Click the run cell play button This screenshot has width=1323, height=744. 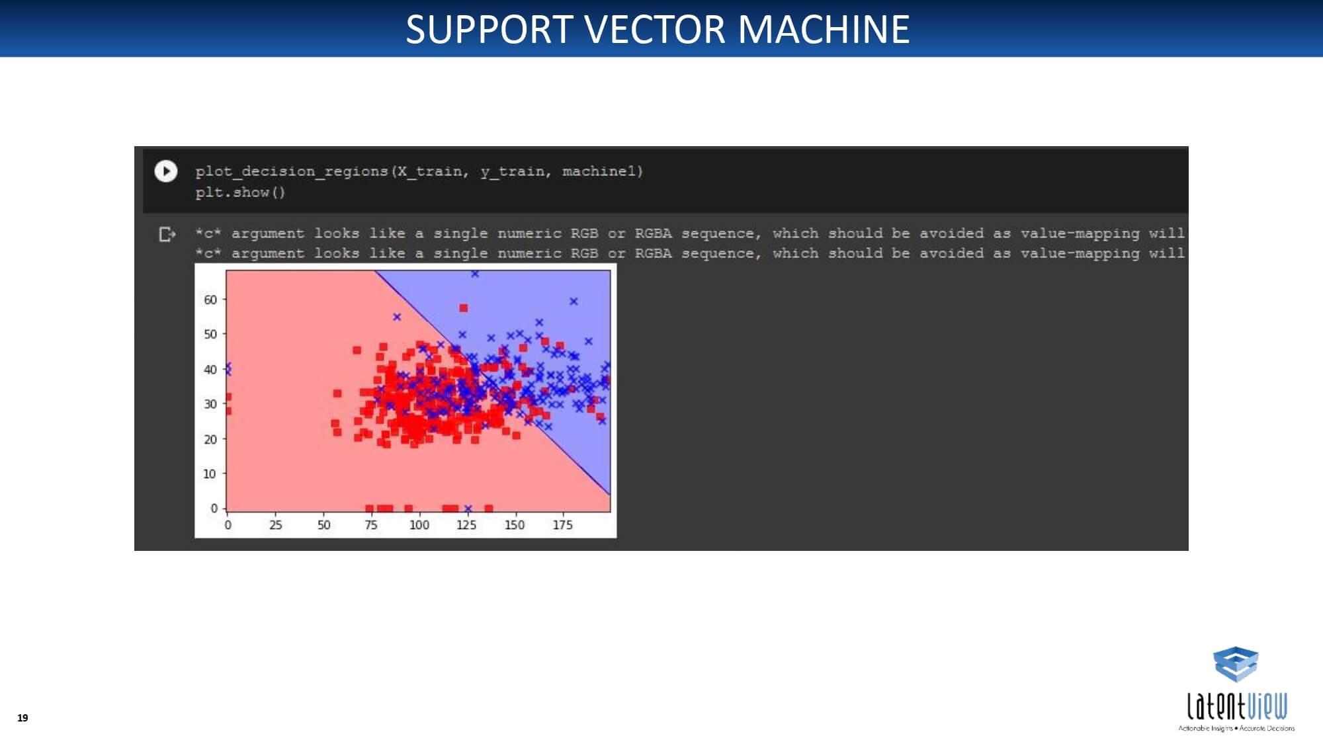166,171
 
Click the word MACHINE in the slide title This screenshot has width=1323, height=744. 824,29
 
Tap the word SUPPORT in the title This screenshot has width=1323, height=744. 489,29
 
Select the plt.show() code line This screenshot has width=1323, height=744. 240,192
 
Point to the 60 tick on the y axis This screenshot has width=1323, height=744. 210,300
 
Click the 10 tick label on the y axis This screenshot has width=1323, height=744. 210,474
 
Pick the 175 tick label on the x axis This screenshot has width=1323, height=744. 562,524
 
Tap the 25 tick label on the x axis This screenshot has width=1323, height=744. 276,524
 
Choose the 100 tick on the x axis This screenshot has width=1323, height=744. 419,524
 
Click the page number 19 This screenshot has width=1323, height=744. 22,718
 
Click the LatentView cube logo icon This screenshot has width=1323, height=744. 1236,664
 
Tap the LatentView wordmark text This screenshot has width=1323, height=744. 1237,706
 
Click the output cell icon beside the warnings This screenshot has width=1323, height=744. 167,234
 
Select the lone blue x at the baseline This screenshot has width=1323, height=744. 468,509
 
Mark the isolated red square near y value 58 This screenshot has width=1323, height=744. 464,308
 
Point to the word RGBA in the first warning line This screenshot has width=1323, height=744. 653,233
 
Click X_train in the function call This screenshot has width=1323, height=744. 429,171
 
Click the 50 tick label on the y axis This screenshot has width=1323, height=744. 210,334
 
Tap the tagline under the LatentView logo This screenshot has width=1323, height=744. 1236,728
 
